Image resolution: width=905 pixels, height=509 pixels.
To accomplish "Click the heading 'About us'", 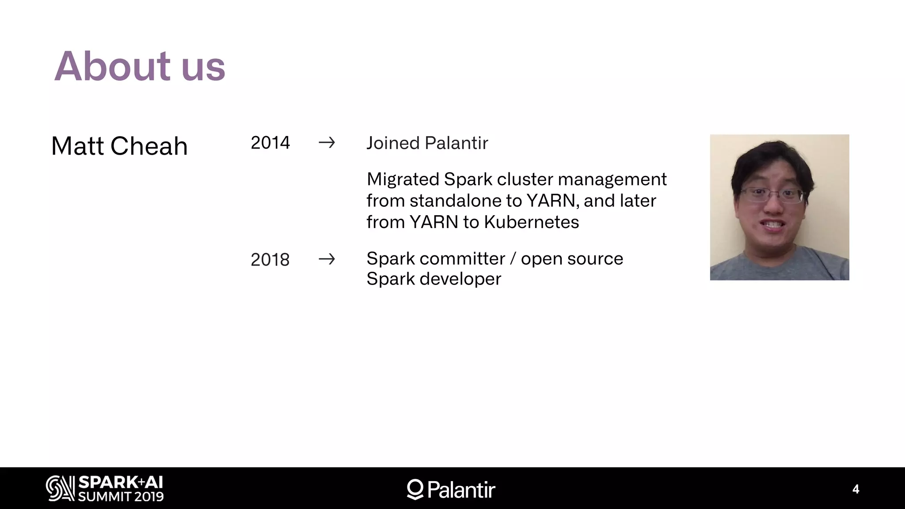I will pyautogui.click(x=140, y=66).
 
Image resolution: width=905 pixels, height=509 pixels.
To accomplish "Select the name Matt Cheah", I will pyautogui.click(x=119, y=146).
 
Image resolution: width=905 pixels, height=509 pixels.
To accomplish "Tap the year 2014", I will pyautogui.click(x=270, y=143).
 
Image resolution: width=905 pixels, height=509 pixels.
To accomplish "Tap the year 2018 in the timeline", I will pyautogui.click(x=270, y=259).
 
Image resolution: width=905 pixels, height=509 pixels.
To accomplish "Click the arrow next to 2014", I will pyautogui.click(x=327, y=143).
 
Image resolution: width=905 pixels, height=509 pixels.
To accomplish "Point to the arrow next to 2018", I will pyautogui.click(x=327, y=259).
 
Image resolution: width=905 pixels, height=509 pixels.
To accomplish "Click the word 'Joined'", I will pyautogui.click(x=393, y=143).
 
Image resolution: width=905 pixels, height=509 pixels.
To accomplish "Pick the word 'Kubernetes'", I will pyautogui.click(x=531, y=222).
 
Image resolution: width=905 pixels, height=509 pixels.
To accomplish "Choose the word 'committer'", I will pyautogui.click(x=462, y=258).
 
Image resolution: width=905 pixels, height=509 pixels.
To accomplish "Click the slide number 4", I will pyautogui.click(x=856, y=489).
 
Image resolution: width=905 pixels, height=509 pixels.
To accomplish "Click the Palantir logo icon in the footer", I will pyautogui.click(x=415, y=489).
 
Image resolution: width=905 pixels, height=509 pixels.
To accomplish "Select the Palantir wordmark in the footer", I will pyautogui.click(x=461, y=490).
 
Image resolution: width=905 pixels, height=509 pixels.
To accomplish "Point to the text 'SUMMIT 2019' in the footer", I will pyautogui.click(x=121, y=497).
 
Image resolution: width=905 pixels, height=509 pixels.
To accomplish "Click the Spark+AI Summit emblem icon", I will pyautogui.click(x=60, y=488).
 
